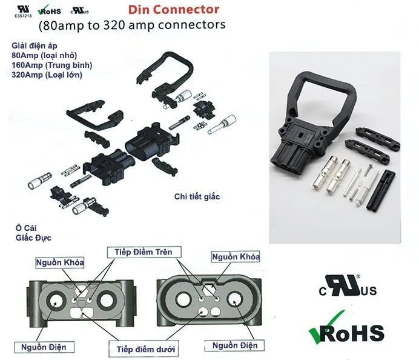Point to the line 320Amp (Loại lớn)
(47, 75)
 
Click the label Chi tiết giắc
(197, 197)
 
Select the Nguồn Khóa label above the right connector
(236, 256)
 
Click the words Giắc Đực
(33, 238)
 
